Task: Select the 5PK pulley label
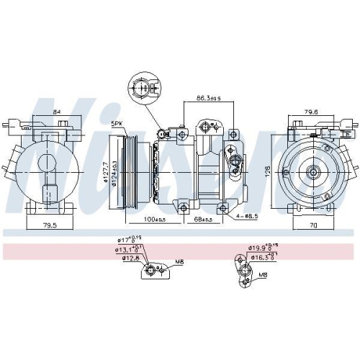pyautogui.click(x=117, y=123)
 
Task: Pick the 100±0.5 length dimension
pyautogui.click(x=153, y=218)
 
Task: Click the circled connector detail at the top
pyautogui.click(x=142, y=91)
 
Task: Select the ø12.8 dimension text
pyautogui.click(x=130, y=258)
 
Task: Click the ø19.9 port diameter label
pyautogui.click(x=258, y=248)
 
